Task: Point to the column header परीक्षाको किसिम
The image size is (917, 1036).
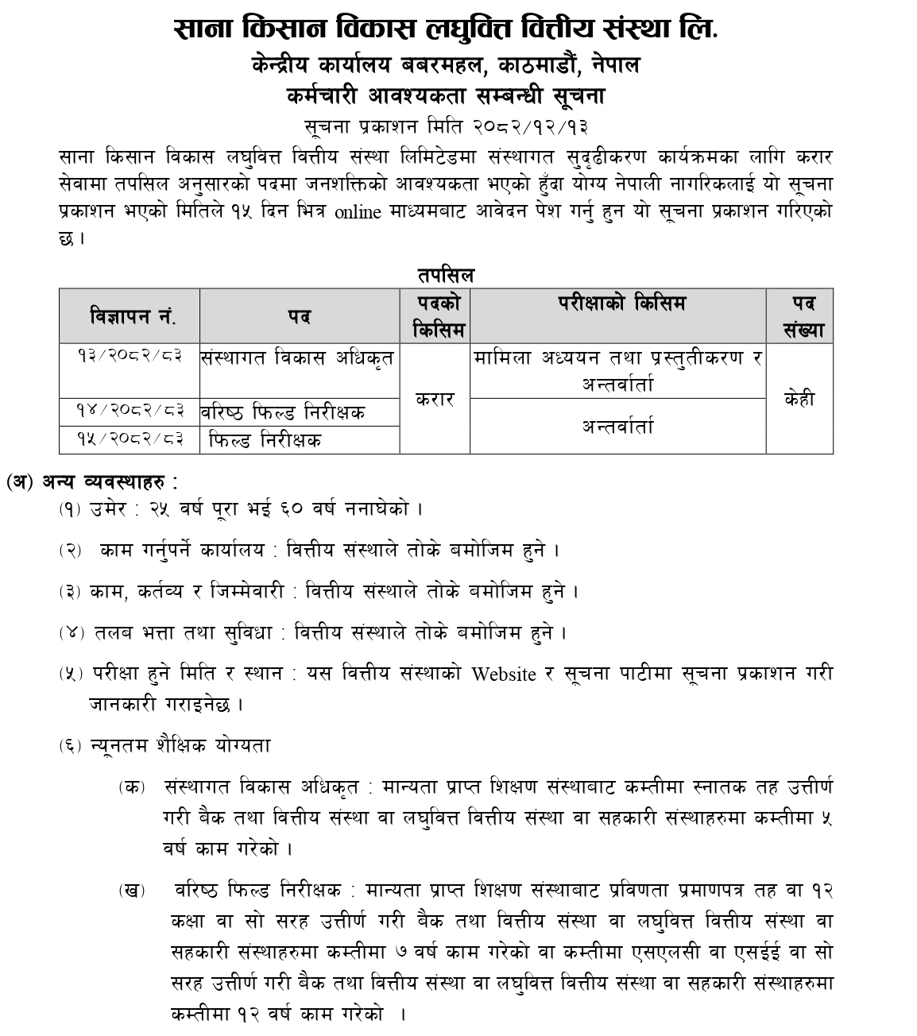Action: pyautogui.click(x=617, y=303)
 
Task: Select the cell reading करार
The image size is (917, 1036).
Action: pyautogui.click(x=435, y=399)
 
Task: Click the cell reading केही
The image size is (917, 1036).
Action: pyautogui.click(x=799, y=399)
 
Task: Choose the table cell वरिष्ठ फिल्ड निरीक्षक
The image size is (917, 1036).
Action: pyautogui.click(x=283, y=412)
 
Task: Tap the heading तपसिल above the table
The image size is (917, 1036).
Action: pyautogui.click(x=446, y=275)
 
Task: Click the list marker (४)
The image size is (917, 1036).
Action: pyautogui.click(x=69, y=633)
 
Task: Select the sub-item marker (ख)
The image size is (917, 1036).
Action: pyautogui.click(x=131, y=890)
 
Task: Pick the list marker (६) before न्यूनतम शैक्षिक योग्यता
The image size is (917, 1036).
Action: pyautogui.click(x=69, y=746)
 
